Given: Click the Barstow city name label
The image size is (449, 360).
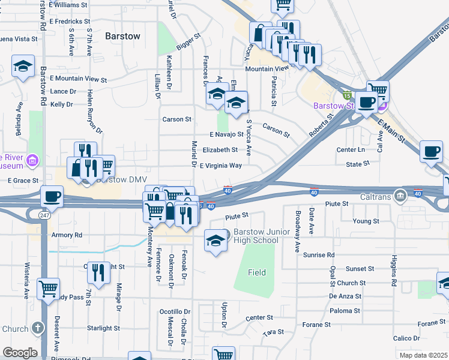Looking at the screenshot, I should pyautogui.click(x=122, y=36).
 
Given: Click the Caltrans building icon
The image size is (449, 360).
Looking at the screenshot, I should pyautogui.click(x=400, y=196).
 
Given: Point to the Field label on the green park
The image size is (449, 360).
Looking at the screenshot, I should pyautogui.click(x=257, y=272).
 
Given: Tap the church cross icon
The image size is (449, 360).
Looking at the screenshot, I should pyautogui.click(x=38, y=328).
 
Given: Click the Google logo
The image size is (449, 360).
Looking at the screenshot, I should pyautogui.click(x=20, y=353).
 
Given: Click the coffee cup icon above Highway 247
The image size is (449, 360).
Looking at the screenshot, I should pyautogui.click(x=52, y=196).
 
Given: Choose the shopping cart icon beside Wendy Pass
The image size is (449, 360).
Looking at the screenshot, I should pyautogui.click(x=48, y=288).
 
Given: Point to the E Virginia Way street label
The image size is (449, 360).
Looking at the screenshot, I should pyautogui.click(x=221, y=165).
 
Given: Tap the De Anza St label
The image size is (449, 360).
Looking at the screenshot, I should pyautogui.click(x=345, y=296).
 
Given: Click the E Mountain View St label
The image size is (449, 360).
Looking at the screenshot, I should pyautogui.click(x=78, y=79).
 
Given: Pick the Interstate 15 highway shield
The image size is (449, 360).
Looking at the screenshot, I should pyautogui.click(x=346, y=94).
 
